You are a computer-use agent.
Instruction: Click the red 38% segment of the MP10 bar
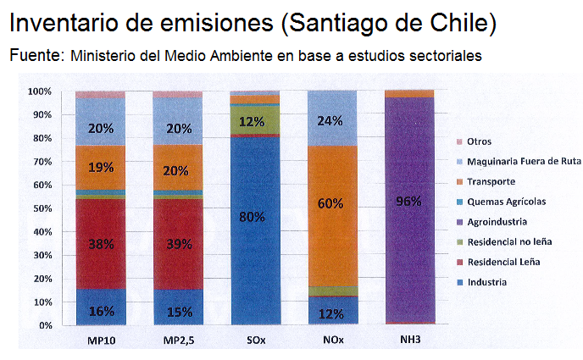tap(100, 244)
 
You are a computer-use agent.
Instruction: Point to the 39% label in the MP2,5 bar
tap(178, 245)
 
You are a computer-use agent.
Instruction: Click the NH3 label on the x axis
tap(409, 341)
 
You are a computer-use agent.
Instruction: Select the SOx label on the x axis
tap(255, 341)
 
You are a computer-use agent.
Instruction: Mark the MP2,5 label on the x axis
tap(178, 341)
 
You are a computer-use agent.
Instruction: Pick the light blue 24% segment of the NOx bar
tap(332, 120)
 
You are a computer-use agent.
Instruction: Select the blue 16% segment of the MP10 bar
tap(100, 310)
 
